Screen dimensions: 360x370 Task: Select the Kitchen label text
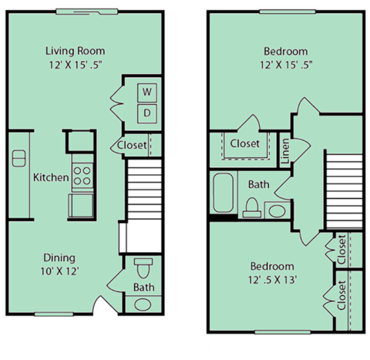point(51,177)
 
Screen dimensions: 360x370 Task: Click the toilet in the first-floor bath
point(143,271)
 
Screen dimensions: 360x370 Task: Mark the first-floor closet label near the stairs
point(132,145)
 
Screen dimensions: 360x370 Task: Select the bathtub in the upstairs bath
point(224,193)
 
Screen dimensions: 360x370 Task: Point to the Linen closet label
point(284,151)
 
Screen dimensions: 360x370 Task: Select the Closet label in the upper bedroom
point(245,143)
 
